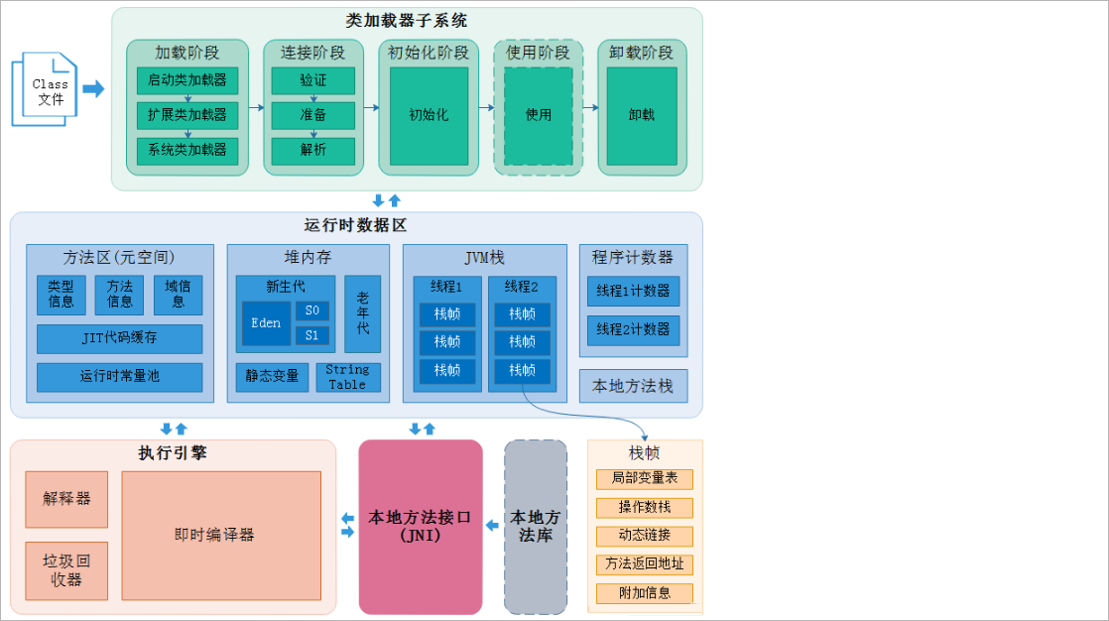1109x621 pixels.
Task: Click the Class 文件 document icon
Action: pos(45,90)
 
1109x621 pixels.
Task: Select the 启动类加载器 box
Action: pos(187,80)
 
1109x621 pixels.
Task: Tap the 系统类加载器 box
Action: pos(187,150)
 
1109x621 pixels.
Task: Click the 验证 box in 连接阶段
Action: pos(312,80)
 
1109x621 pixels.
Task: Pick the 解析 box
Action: pos(312,150)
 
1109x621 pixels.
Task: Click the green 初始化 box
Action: pos(429,115)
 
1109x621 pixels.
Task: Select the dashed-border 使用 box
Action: pos(539,115)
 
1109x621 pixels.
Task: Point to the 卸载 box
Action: pos(642,115)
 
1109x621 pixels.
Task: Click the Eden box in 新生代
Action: pos(266,323)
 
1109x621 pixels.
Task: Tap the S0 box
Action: pos(311,310)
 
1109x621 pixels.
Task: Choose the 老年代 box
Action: pos(363,313)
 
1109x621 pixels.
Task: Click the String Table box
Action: pos(347,377)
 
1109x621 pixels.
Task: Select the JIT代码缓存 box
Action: pos(119,338)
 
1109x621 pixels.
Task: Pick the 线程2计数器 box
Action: pos(633,329)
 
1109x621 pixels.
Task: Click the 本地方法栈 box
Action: pos(633,386)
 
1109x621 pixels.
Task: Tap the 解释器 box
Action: pos(66,499)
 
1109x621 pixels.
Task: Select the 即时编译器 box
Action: pos(221,535)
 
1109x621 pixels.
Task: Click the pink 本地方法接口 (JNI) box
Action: pos(421,527)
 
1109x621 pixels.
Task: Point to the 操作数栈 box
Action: pos(645,508)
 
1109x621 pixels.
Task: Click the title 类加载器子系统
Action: pos(407,21)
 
